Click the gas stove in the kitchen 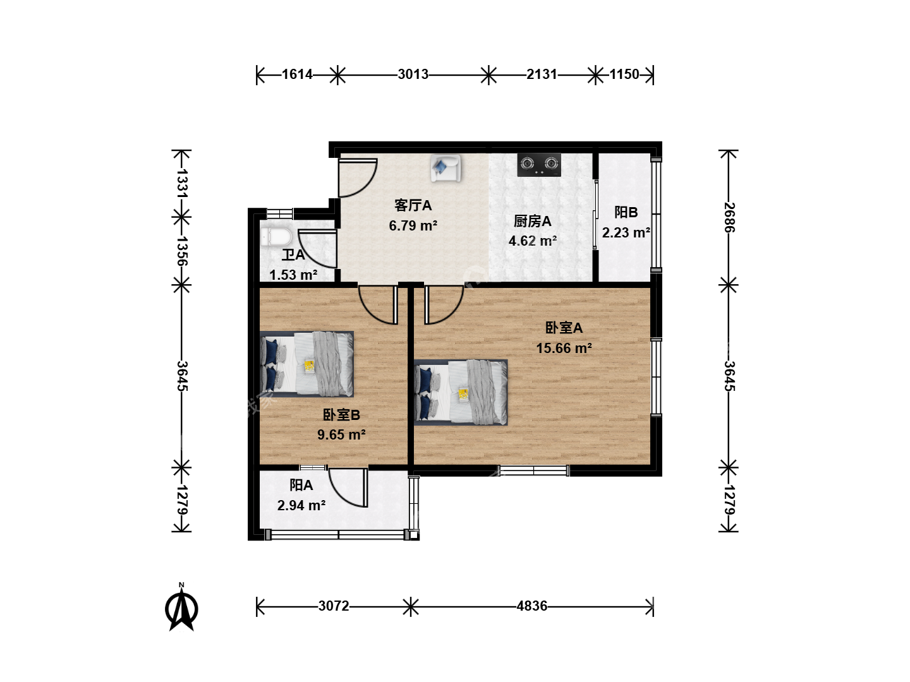pos(539,164)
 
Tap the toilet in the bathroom pos(277,237)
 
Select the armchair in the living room pos(446,168)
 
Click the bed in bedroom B pos(306,364)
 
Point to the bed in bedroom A pos(461,392)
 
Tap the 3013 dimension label pos(413,75)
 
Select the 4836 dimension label pos(532,606)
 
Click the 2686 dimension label pos(729,217)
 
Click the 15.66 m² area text pos(564,348)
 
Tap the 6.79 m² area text pos(413,225)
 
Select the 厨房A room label pos(532,221)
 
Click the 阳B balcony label pos(626,212)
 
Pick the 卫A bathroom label pos(293,254)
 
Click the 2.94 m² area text pos(301,506)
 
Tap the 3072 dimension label pos(334,606)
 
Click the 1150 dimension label pos(624,75)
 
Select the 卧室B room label pos(341,415)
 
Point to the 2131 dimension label pos(542,75)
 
